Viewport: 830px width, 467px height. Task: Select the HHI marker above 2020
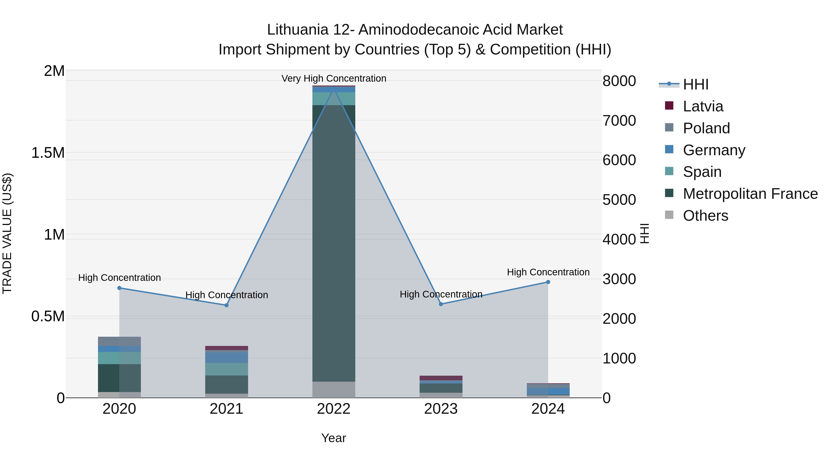(119, 288)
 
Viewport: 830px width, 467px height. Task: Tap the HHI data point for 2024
(548, 282)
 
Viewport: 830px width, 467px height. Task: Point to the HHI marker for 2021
(226, 305)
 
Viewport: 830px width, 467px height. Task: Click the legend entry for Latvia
(703, 106)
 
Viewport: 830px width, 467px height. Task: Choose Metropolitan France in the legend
(750, 194)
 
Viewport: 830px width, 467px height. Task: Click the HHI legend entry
(695, 84)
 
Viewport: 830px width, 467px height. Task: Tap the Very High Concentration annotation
(334, 78)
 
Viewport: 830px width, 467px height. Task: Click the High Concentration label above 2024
(548, 272)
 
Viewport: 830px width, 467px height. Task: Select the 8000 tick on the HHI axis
(619, 81)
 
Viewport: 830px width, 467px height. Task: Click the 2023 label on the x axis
(441, 409)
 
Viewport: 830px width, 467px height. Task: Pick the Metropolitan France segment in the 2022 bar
(334, 242)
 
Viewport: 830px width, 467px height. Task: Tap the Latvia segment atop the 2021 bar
(226, 348)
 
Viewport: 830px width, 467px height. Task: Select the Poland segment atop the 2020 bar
(119, 341)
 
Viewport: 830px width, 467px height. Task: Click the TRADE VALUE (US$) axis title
(7, 233)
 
